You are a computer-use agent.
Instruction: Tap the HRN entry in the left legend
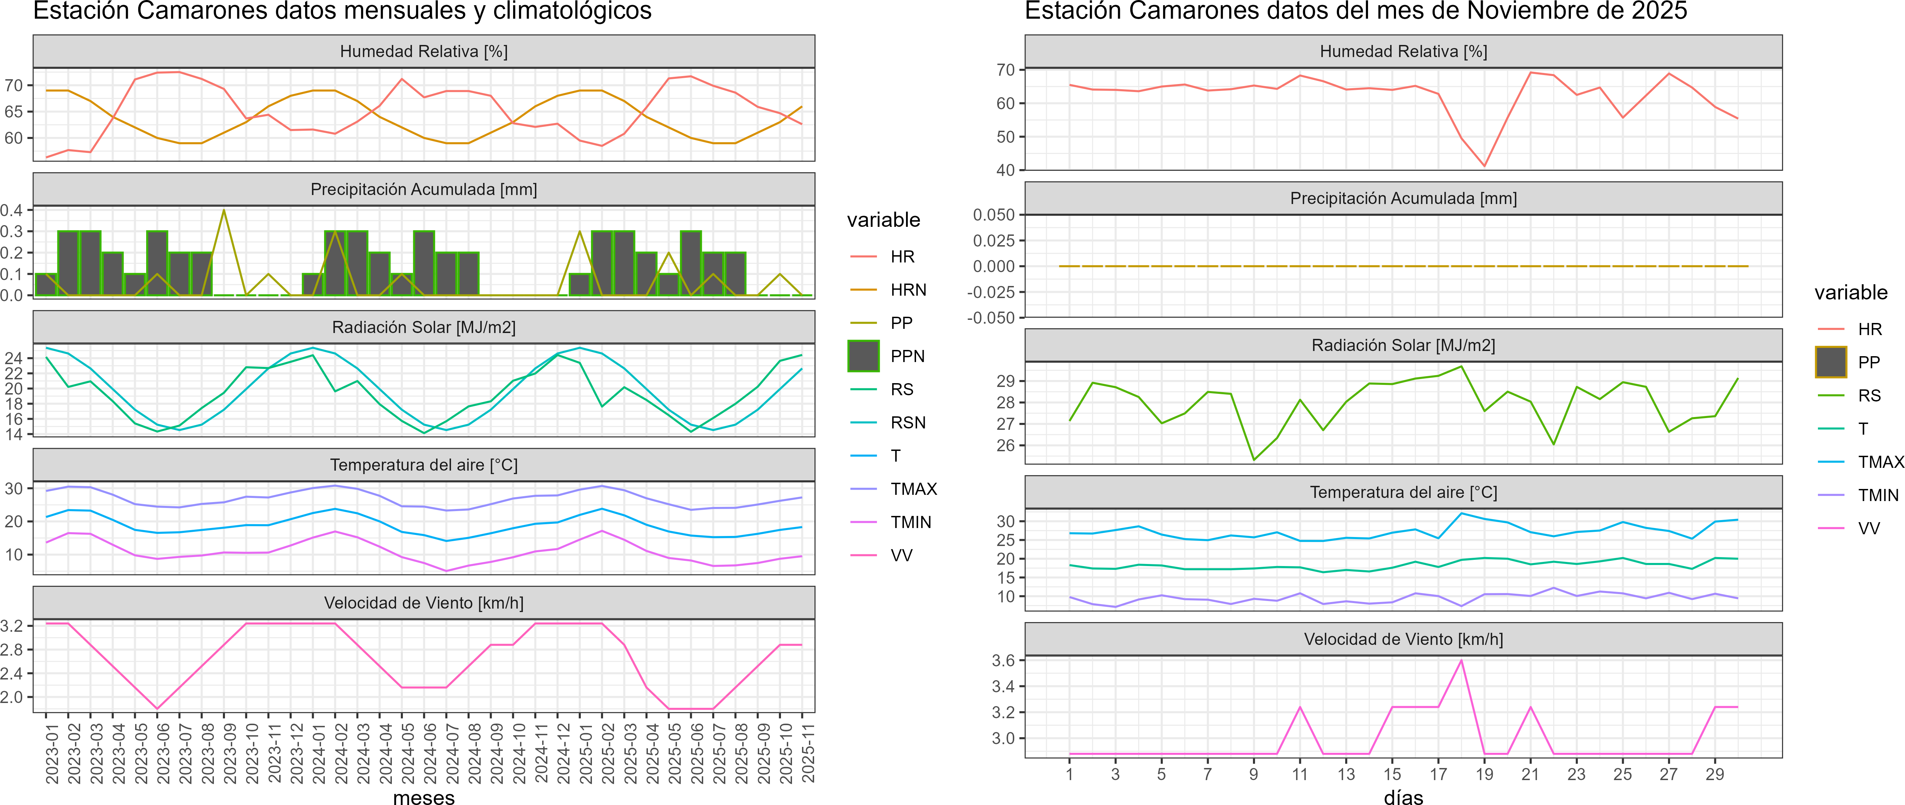coord(908,290)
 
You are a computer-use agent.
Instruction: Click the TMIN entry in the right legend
coord(1878,495)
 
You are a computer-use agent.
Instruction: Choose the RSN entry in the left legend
coord(908,423)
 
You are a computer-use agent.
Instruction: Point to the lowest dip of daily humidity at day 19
coord(1484,166)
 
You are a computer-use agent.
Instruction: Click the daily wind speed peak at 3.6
coord(1461,660)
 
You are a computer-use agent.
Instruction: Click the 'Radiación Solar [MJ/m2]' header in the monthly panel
coord(424,327)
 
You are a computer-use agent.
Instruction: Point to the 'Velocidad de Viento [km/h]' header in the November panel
coord(1403,639)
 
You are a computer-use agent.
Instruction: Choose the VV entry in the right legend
coord(1869,528)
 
